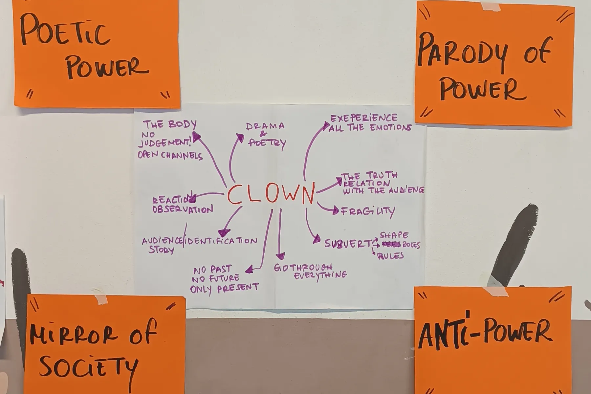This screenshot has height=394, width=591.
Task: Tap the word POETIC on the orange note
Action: pyautogui.click(x=64, y=30)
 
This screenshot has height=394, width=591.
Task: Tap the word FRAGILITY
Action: pyautogui.click(x=368, y=211)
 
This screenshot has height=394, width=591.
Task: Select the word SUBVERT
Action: pyautogui.click(x=347, y=244)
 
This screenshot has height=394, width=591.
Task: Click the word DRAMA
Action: pyautogui.click(x=265, y=126)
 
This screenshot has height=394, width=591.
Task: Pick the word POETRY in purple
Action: pyautogui.click(x=267, y=143)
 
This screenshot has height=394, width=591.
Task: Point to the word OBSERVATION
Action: pyautogui.click(x=183, y=209)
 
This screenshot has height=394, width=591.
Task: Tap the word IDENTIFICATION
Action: pyautogui.click(x=222, y=241)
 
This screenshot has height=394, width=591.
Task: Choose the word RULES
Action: pyautogui.click(x=391, y=256)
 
